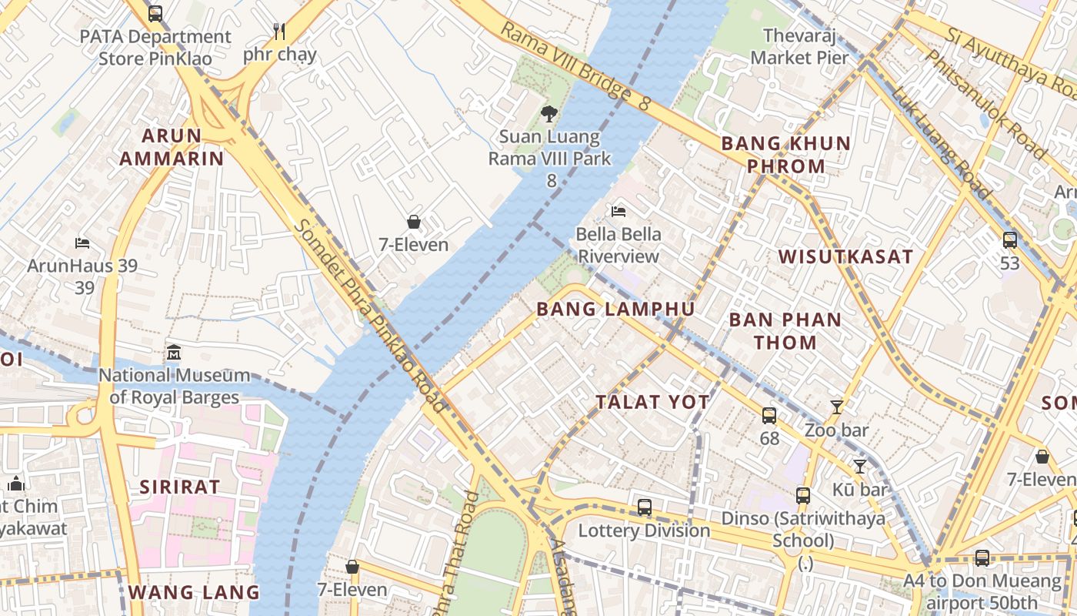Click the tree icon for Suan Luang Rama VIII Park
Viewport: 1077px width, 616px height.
(549, 115)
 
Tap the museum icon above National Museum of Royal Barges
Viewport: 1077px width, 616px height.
(174, 353)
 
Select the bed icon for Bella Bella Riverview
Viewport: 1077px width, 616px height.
(619, 211)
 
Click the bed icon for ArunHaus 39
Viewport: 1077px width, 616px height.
(82, 243)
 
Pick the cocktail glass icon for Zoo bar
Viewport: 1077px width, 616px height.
(837, 407)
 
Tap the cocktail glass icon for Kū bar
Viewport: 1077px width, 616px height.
(860, 467)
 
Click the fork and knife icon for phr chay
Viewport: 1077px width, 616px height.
(279, 32)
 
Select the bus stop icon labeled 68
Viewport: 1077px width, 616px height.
(769, 416)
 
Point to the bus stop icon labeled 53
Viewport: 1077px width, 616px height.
(1010, 240)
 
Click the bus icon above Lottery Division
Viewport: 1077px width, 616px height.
(645, 507)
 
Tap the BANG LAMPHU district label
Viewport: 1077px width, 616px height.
(615, 310)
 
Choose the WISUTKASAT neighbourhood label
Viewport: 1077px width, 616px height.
(845, 257)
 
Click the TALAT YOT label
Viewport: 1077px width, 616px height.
(652, 402)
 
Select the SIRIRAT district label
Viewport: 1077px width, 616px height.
(180, 487)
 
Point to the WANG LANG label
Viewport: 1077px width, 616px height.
(194, 592)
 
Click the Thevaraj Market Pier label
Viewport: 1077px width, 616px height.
(800, 46)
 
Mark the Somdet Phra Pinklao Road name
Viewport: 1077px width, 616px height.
(370, 316)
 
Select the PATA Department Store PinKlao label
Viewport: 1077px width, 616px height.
(155, 47)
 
